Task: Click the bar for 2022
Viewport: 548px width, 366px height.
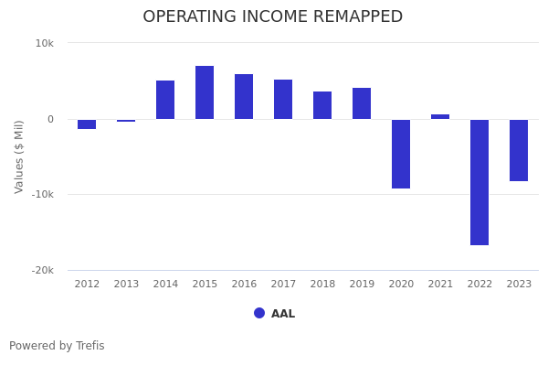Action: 479,182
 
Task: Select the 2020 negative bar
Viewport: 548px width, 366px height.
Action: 401,154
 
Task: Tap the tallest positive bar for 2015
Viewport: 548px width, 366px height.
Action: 205,92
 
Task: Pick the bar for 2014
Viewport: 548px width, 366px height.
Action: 165,100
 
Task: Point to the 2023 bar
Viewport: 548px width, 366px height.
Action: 519,150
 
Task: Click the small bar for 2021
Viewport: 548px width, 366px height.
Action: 440,116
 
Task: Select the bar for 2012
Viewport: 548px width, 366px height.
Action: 87,124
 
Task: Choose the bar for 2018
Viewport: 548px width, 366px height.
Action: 322,105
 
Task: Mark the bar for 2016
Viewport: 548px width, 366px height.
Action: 244,97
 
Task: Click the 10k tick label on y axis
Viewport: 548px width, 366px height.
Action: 45,43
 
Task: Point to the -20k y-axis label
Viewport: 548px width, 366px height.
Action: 41,270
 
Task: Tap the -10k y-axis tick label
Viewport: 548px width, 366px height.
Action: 41,194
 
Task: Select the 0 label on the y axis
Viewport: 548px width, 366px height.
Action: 50,119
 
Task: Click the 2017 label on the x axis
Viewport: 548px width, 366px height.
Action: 283,285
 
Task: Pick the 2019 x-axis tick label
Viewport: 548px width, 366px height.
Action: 362,285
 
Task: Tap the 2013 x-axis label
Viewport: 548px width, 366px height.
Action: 126,285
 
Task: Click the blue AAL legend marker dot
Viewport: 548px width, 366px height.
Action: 259,313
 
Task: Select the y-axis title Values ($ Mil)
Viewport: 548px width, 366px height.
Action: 19,156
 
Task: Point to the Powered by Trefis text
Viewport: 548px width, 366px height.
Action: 57,346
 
